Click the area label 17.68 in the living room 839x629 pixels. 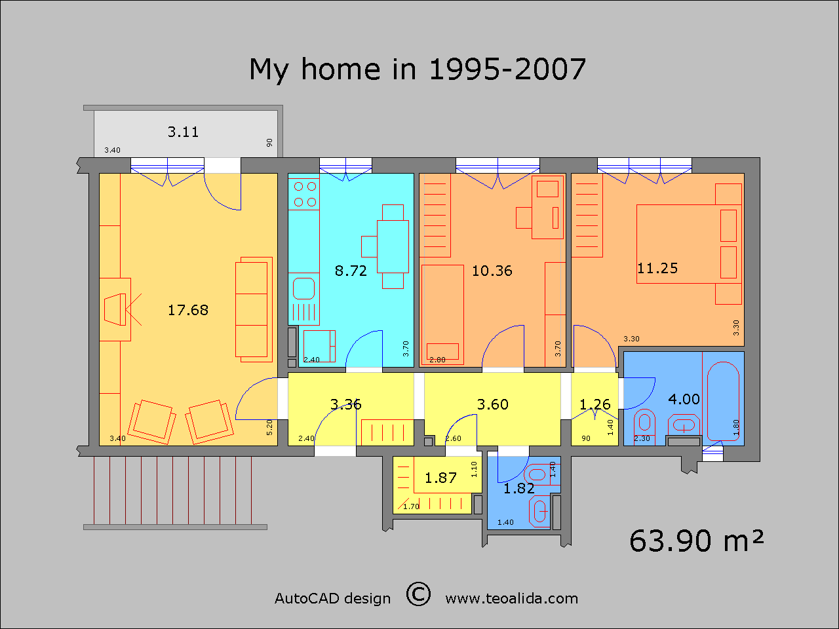188,310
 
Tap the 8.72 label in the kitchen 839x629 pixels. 351,271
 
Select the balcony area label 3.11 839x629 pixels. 183,132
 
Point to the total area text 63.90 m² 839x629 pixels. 696,541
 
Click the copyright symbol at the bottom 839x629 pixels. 418,594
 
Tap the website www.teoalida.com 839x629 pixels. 511,598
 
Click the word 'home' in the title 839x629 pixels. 341,69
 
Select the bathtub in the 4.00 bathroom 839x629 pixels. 723,402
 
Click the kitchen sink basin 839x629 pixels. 304,288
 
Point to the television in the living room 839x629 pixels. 115,309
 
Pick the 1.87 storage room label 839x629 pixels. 440,478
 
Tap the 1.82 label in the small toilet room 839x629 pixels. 518,489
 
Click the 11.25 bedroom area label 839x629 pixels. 657,269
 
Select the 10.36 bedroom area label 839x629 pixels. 492,271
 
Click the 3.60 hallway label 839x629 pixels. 493,404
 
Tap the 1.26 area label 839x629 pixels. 595,404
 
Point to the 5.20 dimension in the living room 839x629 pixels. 269,427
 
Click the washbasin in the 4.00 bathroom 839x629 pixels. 684,425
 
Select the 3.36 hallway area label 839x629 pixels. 345,404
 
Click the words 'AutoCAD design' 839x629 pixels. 332,598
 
